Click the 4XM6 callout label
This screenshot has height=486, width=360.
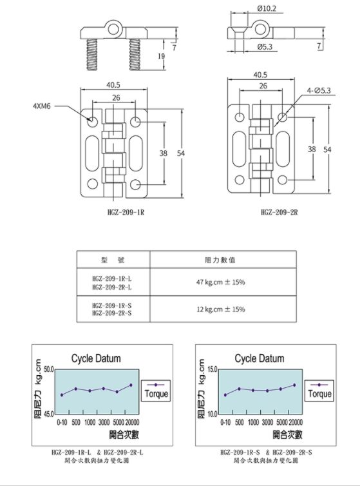[x=41, y=106]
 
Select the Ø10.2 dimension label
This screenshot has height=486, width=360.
[x=267, y=8]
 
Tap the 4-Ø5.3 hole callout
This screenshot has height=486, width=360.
[x=319, y=90]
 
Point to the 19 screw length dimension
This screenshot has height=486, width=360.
[x=161, y=56]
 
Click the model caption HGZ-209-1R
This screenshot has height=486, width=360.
[x=126, y=212]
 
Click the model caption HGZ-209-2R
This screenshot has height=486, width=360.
[x=279, y=212]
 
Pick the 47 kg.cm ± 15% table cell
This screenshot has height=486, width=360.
[x=221, y=282]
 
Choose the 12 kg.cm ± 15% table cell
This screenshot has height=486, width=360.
[x=221, y=309]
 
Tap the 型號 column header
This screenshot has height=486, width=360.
[x=113, y=260]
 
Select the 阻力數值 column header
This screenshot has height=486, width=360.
[x=220, y=260]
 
